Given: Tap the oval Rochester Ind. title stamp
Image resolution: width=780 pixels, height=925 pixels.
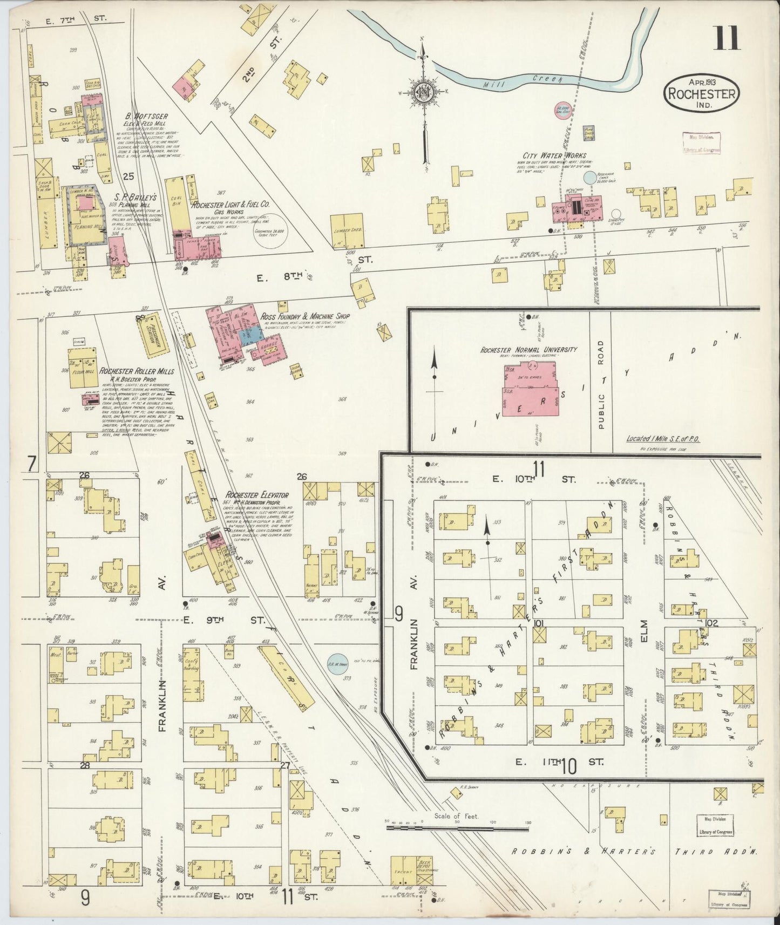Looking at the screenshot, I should (701, 93).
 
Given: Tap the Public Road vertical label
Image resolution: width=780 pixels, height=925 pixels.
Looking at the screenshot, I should (601, 385).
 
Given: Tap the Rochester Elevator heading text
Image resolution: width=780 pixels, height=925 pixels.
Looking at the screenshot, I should (257, 494).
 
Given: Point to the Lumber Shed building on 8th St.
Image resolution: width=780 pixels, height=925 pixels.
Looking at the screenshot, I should (348, 231).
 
